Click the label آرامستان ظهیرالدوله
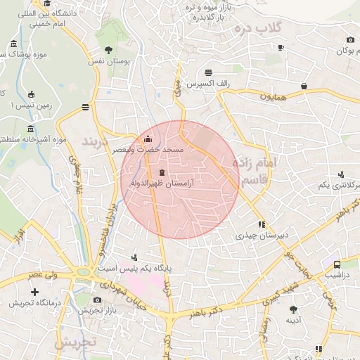[162, 184]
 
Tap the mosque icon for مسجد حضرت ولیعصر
[147, 139]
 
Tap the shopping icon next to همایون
[304, 86]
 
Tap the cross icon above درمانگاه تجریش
[34, 291]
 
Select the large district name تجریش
[76, 344]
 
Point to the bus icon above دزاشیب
[337, 265]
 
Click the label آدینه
[293, 320]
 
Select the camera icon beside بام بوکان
[350, 40]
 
